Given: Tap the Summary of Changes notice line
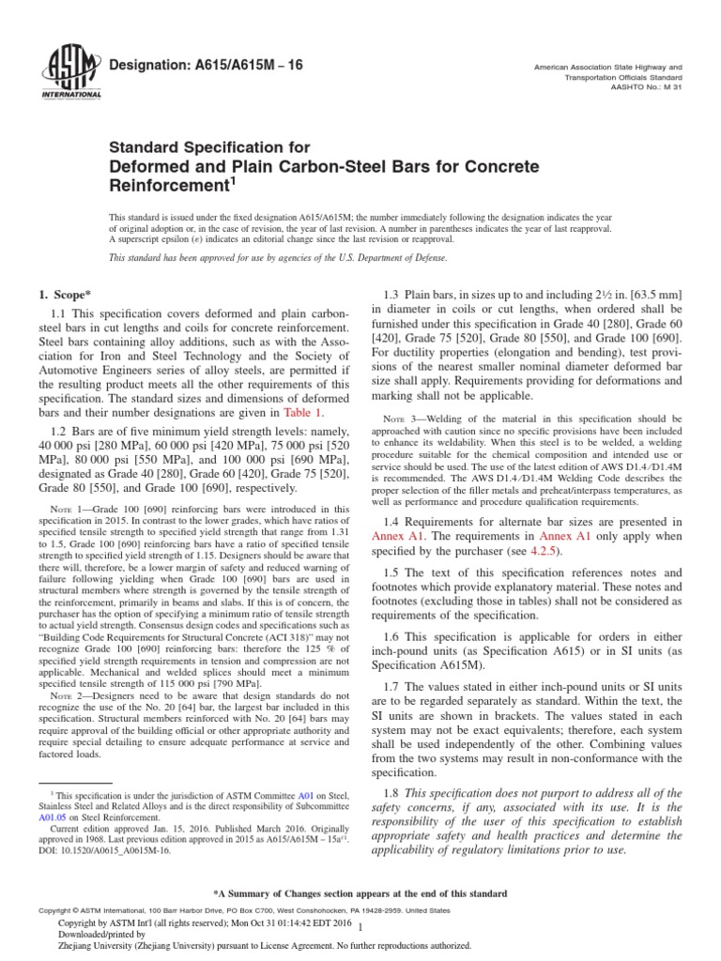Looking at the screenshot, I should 360,891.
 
